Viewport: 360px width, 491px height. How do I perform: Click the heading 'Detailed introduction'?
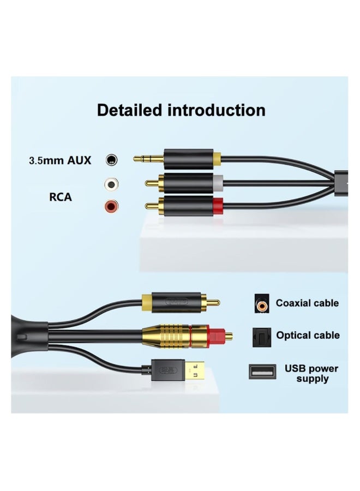click(181, 110)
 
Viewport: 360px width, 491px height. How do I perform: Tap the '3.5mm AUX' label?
click(60, 160)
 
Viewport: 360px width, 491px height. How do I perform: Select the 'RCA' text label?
click(61, 197)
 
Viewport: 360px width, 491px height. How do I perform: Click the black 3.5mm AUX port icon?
click(112, 160)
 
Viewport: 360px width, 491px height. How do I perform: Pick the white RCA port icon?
click(112, 184)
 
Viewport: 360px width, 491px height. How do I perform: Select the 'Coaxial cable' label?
click(307, 303)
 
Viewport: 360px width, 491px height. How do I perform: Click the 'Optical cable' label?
click(308, 335)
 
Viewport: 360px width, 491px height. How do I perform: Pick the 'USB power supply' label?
click(311, 373)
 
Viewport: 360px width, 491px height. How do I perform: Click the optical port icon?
click(261, 336)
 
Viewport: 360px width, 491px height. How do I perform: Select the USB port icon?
click(261, 372)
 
